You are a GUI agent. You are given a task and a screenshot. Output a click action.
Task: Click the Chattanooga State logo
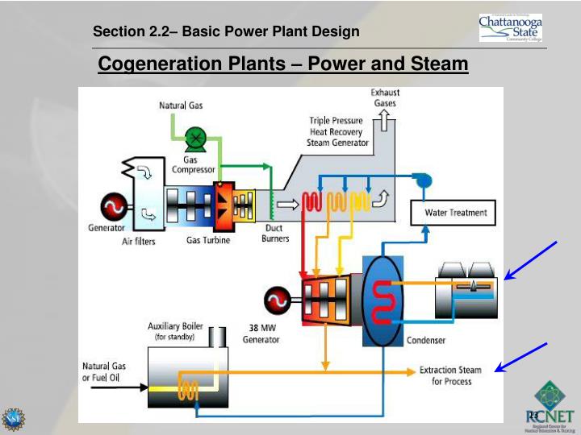click(510, 27)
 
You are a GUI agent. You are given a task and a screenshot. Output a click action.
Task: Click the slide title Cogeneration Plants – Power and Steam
click(282, 64)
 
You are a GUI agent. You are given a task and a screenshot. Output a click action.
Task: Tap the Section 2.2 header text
click(226, 32)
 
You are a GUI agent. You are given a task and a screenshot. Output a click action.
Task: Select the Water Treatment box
click(456, 213)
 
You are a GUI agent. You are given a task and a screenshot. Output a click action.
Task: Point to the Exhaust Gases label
click(385, 98)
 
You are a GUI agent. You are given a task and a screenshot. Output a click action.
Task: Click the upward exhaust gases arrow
click(385, 121)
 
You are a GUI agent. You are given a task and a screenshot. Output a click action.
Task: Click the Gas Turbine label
click(208, 240)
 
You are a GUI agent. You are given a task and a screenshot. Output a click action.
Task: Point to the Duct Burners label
click(275, 233)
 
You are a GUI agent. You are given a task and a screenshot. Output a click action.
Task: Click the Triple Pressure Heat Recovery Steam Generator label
click(337, 131)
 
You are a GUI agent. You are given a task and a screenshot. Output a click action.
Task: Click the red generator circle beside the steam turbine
click(278, 301)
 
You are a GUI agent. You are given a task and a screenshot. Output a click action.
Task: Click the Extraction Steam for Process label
click(450, 375)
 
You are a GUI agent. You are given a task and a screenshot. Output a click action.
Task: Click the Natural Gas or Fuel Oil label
click(104, 372)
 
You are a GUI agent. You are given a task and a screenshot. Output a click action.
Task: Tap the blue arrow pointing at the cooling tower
click(530, 260)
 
